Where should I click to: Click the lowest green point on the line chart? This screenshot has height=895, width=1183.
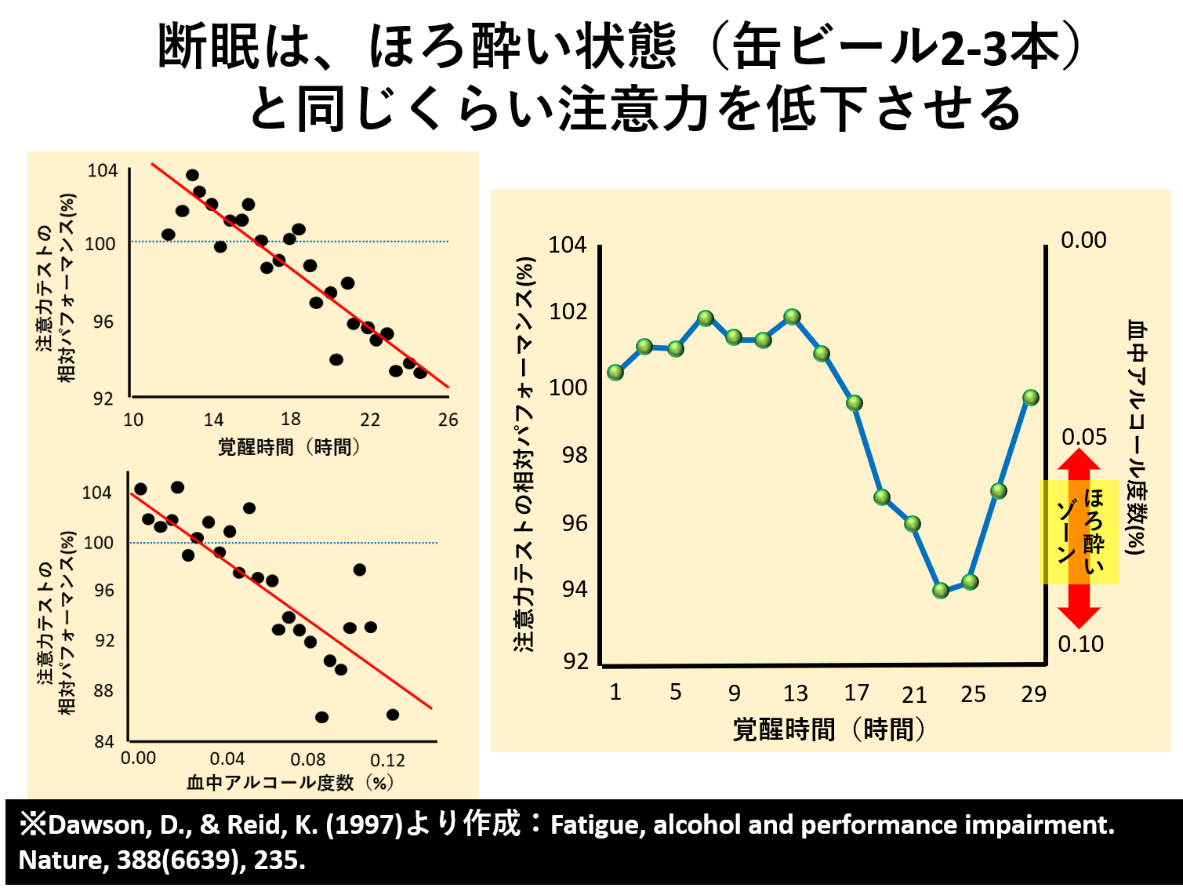(941, 590)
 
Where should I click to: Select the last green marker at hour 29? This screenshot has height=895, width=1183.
(1031, 398)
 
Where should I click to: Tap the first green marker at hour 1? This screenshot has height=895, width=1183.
(615, 372)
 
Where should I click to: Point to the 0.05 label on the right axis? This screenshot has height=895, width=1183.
(1083, 437)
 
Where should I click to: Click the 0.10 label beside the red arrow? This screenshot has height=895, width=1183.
(1080, 644)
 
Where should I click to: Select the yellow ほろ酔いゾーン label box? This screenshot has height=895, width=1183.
(1079, 532)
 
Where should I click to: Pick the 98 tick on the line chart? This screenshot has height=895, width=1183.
(574, 455)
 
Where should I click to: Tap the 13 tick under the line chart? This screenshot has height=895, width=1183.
(795, 693)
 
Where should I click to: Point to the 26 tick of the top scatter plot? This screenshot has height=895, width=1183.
(448, 420)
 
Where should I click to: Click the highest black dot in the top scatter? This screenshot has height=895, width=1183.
(192, 175)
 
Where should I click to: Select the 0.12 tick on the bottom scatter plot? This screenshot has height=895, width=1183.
(387, 760)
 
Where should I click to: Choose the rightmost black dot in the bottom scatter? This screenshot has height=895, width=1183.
(393, 715)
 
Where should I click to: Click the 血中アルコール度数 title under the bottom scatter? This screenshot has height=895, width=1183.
(270, 783)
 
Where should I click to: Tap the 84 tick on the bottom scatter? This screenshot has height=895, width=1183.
(104, 742)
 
